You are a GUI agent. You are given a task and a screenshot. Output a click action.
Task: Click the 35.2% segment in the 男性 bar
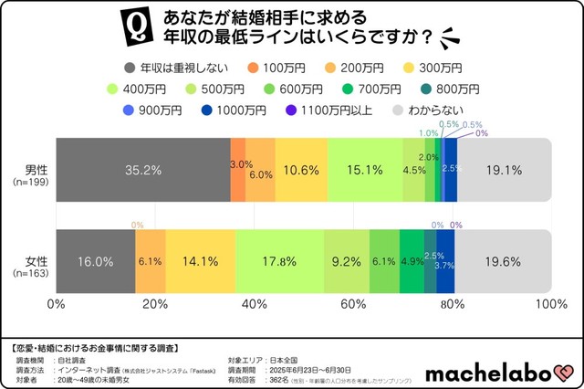pyautogui.click(x=142, y=170)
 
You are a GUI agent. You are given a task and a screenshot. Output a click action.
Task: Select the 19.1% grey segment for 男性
pyautogui.click(x=503, y=170)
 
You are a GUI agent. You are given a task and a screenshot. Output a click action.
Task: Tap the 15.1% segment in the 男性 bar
pyautogui.click(x=365, y=170)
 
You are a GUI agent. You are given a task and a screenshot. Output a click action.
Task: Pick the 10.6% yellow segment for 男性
pyautogui.click(x=301, y=170)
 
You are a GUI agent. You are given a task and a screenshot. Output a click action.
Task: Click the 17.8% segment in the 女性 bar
pyautogui.click(x=279, y=261)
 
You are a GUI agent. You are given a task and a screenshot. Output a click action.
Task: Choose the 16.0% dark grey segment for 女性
pyautogui.click(x=96, y=261)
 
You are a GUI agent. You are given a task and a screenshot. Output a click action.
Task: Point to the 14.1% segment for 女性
pyautogui.click(x=201, y=261)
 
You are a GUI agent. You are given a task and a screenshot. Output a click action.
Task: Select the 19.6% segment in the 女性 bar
pyautogui.click(x=503, y=261)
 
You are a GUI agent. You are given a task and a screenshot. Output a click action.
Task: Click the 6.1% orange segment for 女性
pyautogui.click(x=151, y=261)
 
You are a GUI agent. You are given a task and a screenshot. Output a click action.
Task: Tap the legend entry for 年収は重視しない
pyautogui.click(x=174, y=68)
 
